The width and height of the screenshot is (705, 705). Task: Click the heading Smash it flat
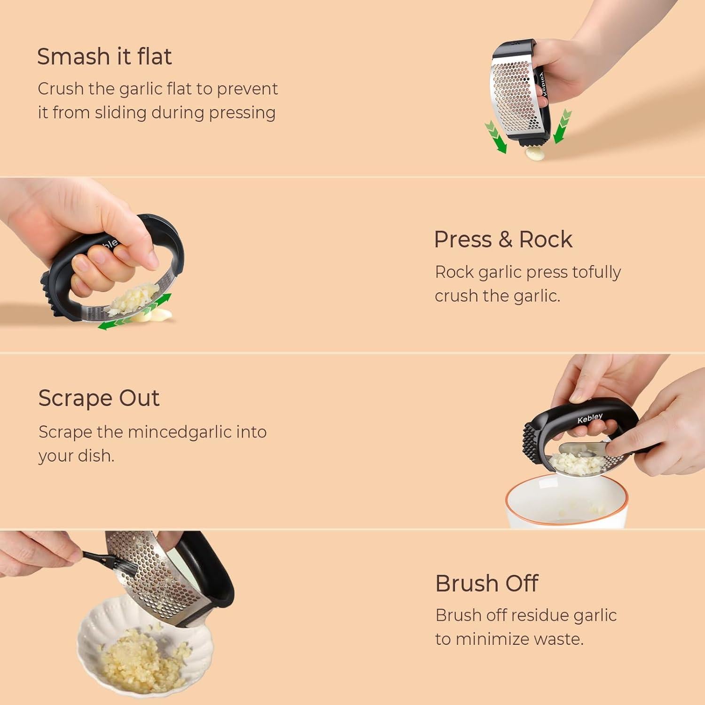[x=104, y=56]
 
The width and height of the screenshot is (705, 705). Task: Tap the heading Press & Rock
[x=503, y=239]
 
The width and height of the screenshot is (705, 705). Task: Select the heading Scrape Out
[x=99, y=398]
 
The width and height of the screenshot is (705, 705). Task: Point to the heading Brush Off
[x=486, y=583]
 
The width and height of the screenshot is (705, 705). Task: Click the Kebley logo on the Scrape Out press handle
[x=590, y=418]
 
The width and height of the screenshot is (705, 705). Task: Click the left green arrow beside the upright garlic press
[x=496, y=137]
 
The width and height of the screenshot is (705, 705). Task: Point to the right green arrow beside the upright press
[x=562, y=126]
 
